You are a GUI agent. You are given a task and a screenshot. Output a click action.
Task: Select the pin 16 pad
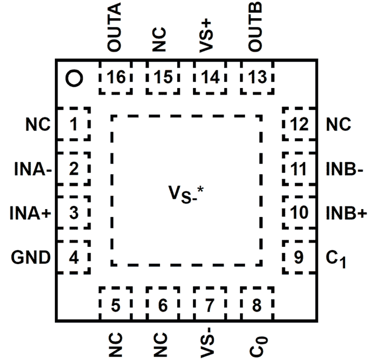click(116, 78)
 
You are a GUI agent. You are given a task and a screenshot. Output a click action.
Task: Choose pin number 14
click(210, 78)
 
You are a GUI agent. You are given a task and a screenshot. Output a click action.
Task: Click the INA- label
click(33, 169)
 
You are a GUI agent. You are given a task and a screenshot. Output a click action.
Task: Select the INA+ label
click(31, 213)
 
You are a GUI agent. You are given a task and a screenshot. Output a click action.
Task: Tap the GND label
click(31, 257)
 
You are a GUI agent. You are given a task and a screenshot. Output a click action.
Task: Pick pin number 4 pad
click(73, 257)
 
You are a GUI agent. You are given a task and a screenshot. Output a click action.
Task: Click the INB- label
click(344, 169)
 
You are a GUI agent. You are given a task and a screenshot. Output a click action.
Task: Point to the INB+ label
click(346, 213)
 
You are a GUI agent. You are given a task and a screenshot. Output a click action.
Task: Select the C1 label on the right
click(336, 259)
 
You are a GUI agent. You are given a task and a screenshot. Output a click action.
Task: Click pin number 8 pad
click(257, 304)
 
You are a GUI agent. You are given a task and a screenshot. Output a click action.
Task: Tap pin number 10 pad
click(299, 212)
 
